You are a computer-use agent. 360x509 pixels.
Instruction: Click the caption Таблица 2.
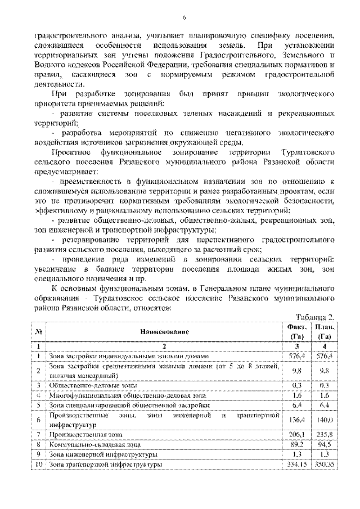tap(318, 317)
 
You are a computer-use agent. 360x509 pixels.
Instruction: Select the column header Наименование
tap(165, 332)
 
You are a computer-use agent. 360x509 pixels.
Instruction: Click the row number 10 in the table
tap(37, 465)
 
